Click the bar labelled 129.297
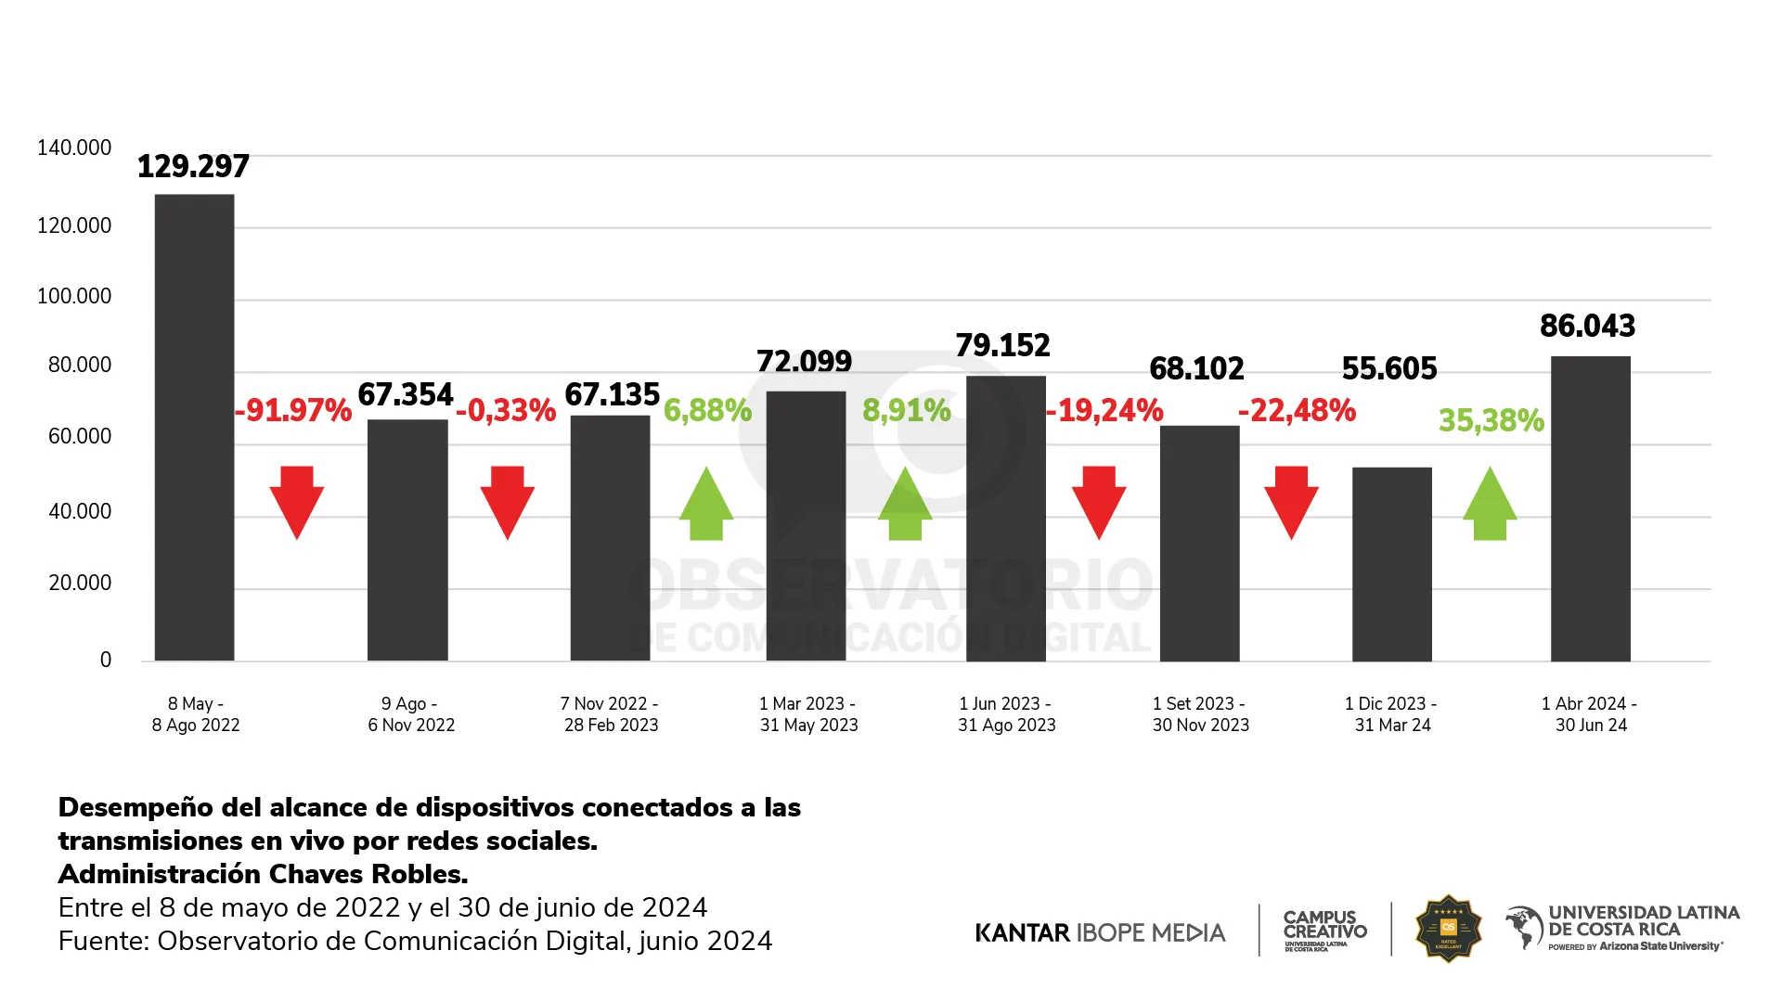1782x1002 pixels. pyautogui.click(x=194, y=427)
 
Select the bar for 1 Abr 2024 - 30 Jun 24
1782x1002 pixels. pyautogui.click(x=1590, y=508)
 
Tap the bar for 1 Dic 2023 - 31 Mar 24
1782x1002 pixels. pyautogui.click(x=1391, y=564)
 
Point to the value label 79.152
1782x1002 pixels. pyautogui.click(x=1003, y=345)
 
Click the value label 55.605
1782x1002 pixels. pyautogui.click(x=1389, y=368)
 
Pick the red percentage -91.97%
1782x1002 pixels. pyautogui.click(x=293, y=410)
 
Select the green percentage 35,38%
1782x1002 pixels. pyautogui.click(x=1491, y=420)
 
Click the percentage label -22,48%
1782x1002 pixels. pyautogui.click(x=1297, y=410)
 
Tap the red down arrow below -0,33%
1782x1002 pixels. pyautogui.click(x=507, y=502)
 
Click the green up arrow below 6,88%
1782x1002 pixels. pyautogui.click(x=706, y=504)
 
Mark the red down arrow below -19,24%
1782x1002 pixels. pyautogui.click(x=1099, y=502)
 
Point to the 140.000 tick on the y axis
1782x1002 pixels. pyautogui.click(x=74, y=148)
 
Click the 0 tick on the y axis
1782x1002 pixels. pyautogui.click(x=106, y=660)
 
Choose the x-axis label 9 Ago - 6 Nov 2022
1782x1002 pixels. pyautogui.click(x=411, y=714)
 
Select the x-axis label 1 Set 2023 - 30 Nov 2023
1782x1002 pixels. pyautogui.click(x=1200, y=714)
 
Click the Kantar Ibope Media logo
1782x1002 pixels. pyautogui.click(x=1100, y=932)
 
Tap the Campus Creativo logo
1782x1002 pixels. pyautogui.click(x=1324, y=930)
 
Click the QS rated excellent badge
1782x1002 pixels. pyautogui.click(x=1448, y=929)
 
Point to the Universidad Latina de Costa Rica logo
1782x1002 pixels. pyautogui.click(x=1622, y=928)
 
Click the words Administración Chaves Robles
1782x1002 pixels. pyautogui.click(x=263, y=874)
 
